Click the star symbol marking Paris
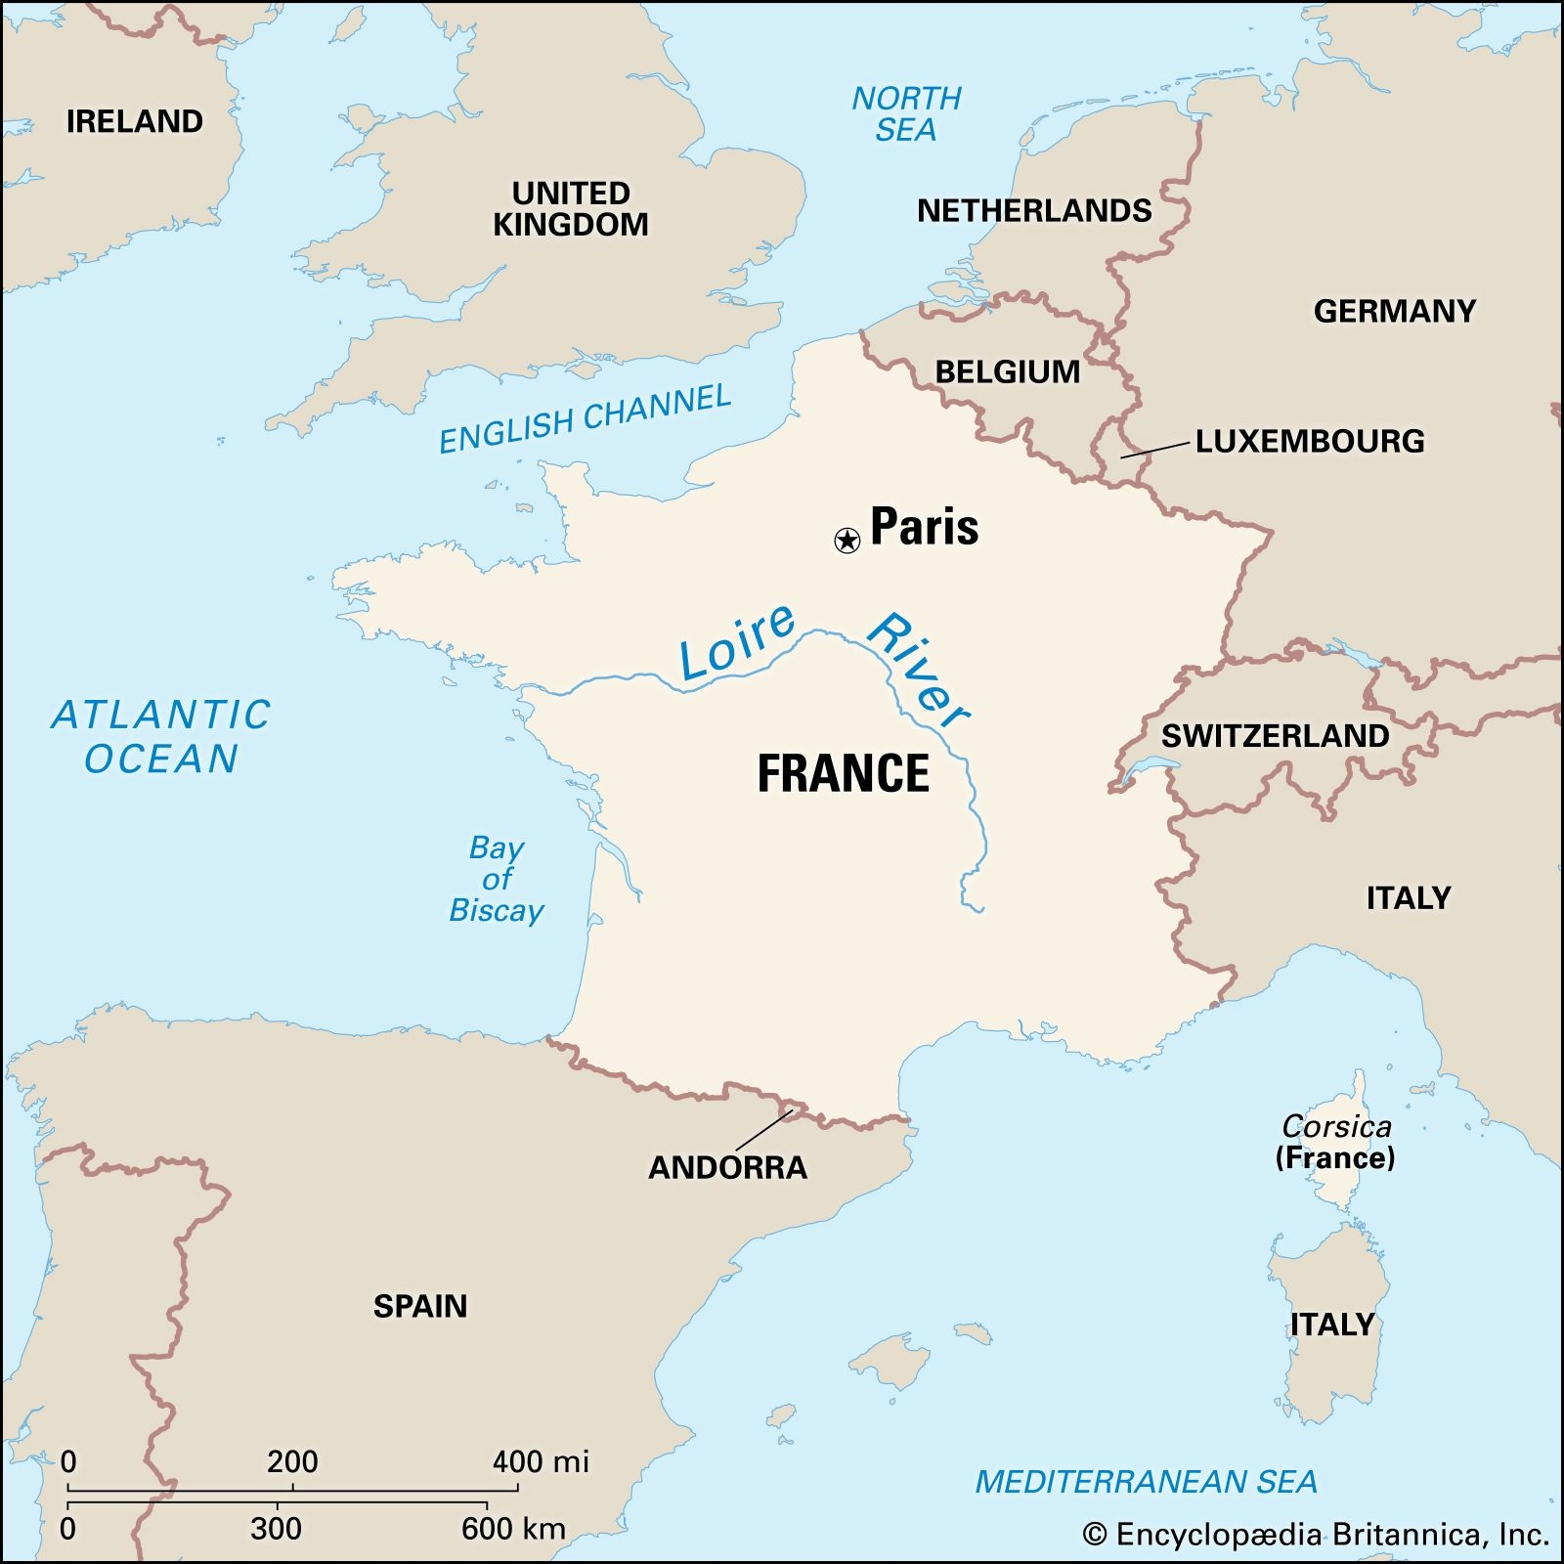(x=847, y=540)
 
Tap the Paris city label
(x=924, y=527)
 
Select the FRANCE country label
(x=844, y=773)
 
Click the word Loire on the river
(x=737, y=642)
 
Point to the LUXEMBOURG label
(x=1309, y=441)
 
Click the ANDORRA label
(x=728, y=1167)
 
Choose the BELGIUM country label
(x=1007, y=371)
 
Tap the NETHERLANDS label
(x=1034, y=210)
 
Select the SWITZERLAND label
(x=1275, y=736)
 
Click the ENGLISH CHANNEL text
(x=585, y=419)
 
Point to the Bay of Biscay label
(x=497, y=879)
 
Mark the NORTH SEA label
(x=906, y=113)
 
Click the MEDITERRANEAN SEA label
(x=1146, y=1482)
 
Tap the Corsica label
(x=1336, y=1127)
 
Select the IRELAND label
(x=135, y=121)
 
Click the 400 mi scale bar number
(x=540, y=1462)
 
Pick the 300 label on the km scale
(x=276, y=1529)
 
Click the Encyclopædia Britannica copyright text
(x=1316, y=1535)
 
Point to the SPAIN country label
(x=420, y=1306)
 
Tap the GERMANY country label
(x=1394, y=311)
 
